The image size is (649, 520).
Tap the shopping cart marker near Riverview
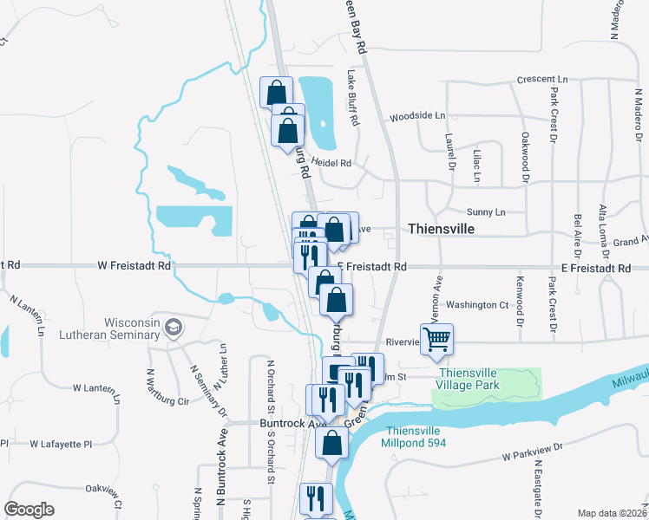click(437, 339)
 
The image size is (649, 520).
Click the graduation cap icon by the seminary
click(174, 327)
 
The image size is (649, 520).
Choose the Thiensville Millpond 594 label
click(413, 437)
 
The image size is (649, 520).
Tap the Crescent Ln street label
click(541, 79)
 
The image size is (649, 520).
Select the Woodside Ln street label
click(416, 115)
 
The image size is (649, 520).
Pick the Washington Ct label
click(477, 305)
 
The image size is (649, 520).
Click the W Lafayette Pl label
click(61, 444)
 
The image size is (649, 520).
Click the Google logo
click(29, 509)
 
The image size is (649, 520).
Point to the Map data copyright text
click(612, 513)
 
